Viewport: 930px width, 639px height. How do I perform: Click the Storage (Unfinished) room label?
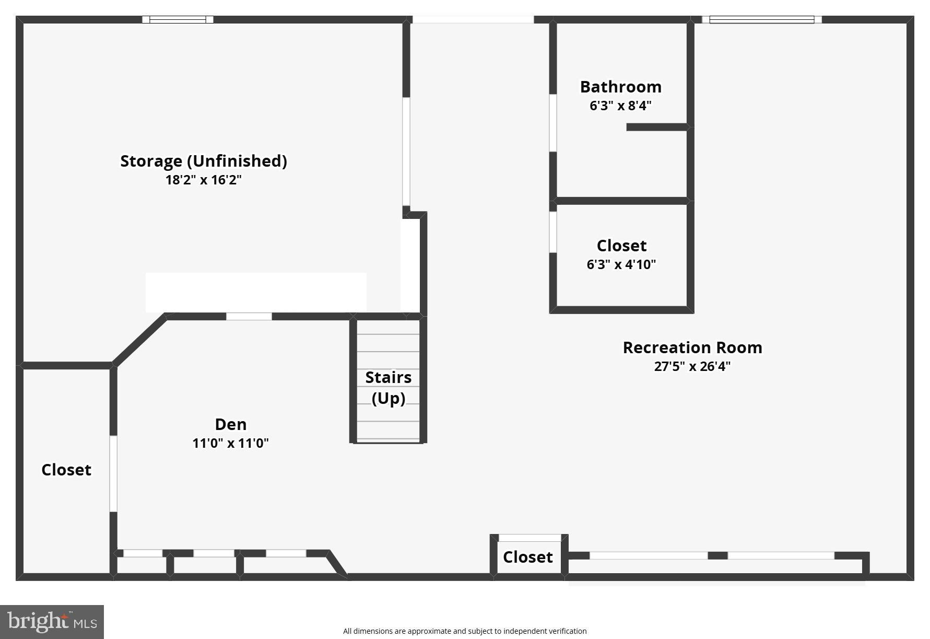(204, 161)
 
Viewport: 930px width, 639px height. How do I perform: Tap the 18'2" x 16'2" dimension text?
(204, 180)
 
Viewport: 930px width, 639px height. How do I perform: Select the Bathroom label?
(620, 87)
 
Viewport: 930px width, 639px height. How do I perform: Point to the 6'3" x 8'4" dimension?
(620, 106)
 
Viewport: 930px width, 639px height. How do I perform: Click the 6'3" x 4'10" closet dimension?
(621, 264)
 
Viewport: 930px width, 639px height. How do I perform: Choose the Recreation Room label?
(692, 347)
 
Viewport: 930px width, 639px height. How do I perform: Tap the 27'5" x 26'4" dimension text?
(692, 366)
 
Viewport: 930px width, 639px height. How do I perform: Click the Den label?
(230, 424)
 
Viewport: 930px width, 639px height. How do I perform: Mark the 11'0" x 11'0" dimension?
(230, 444)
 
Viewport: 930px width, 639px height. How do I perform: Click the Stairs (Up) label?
(388, 387)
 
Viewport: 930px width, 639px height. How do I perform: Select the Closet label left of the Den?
(66, 470)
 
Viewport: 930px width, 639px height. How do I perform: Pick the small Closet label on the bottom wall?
(527, 557)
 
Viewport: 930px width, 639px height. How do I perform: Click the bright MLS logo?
(52, 622)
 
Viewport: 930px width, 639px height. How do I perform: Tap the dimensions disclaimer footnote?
(465, 631)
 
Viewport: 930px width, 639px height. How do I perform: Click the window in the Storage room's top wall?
(178, 20)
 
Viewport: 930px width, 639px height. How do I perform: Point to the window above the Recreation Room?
(761, 20)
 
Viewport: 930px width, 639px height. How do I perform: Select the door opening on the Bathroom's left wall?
(552, 123)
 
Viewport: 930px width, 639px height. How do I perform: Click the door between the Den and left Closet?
(113, 473)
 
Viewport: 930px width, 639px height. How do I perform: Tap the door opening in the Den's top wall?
(249, 316)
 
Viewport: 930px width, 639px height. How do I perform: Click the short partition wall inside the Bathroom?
(657, 127)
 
